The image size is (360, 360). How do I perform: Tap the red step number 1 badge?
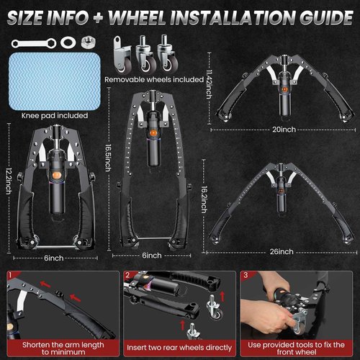(9, 274)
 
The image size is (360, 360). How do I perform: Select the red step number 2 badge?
(126, 274)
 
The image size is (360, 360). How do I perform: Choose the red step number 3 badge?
(247, 274)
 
